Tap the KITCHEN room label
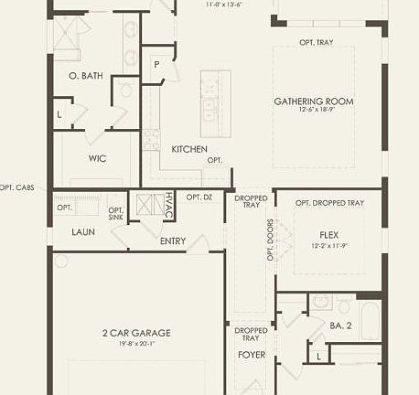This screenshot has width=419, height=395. click(x=189, y=149)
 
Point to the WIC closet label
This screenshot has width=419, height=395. click(x=98, y=158)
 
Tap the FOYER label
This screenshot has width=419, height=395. click(x=252, y=354)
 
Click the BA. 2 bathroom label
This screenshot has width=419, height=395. click(x=340, y=326)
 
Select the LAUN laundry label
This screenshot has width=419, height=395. click(x=83, y=232)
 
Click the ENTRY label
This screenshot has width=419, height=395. click(x=172, y=241)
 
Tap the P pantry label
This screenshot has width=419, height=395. click(x=156, y=64)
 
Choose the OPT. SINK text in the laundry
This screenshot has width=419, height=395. click(x=116, y=213)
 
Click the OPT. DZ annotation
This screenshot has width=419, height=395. click(x=199, y=197)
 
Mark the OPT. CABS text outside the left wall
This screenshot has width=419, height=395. click(x=17, y=187)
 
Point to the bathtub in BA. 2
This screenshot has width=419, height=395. click(x=370, y=319)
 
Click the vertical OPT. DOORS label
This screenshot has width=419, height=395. click(x=271, y=240)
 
